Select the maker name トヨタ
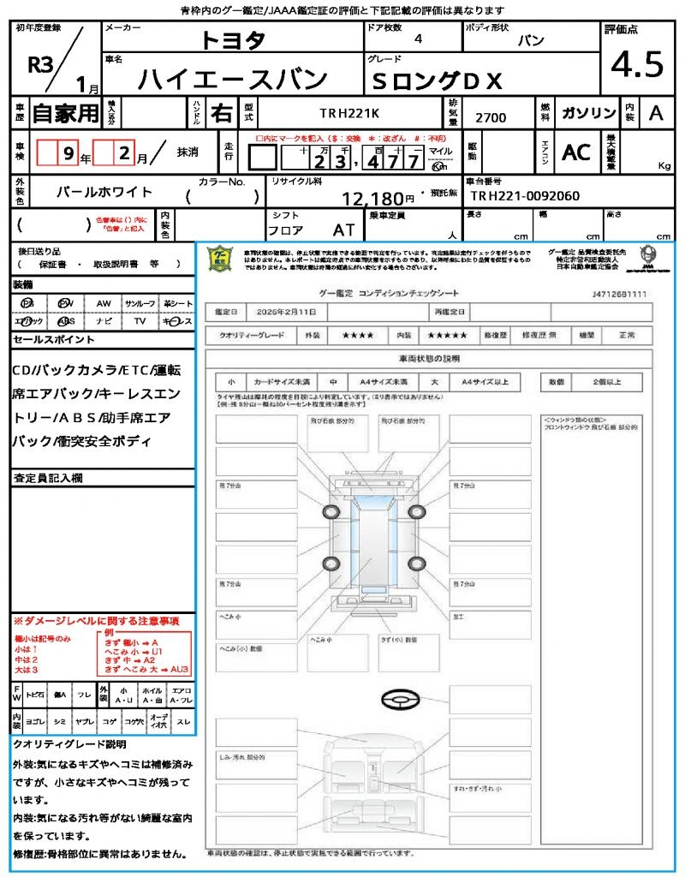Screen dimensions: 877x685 click(233, 40)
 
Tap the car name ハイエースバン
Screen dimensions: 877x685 click(233, 79)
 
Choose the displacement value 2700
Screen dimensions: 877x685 click(490, 117)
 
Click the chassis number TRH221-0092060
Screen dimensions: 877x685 click(524, 195)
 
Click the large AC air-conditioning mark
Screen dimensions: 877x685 click(576, 152)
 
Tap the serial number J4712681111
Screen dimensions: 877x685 click(619, 294)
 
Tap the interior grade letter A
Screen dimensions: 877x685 click(656, 113)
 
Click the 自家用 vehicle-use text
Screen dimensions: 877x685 click(65, 113)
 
